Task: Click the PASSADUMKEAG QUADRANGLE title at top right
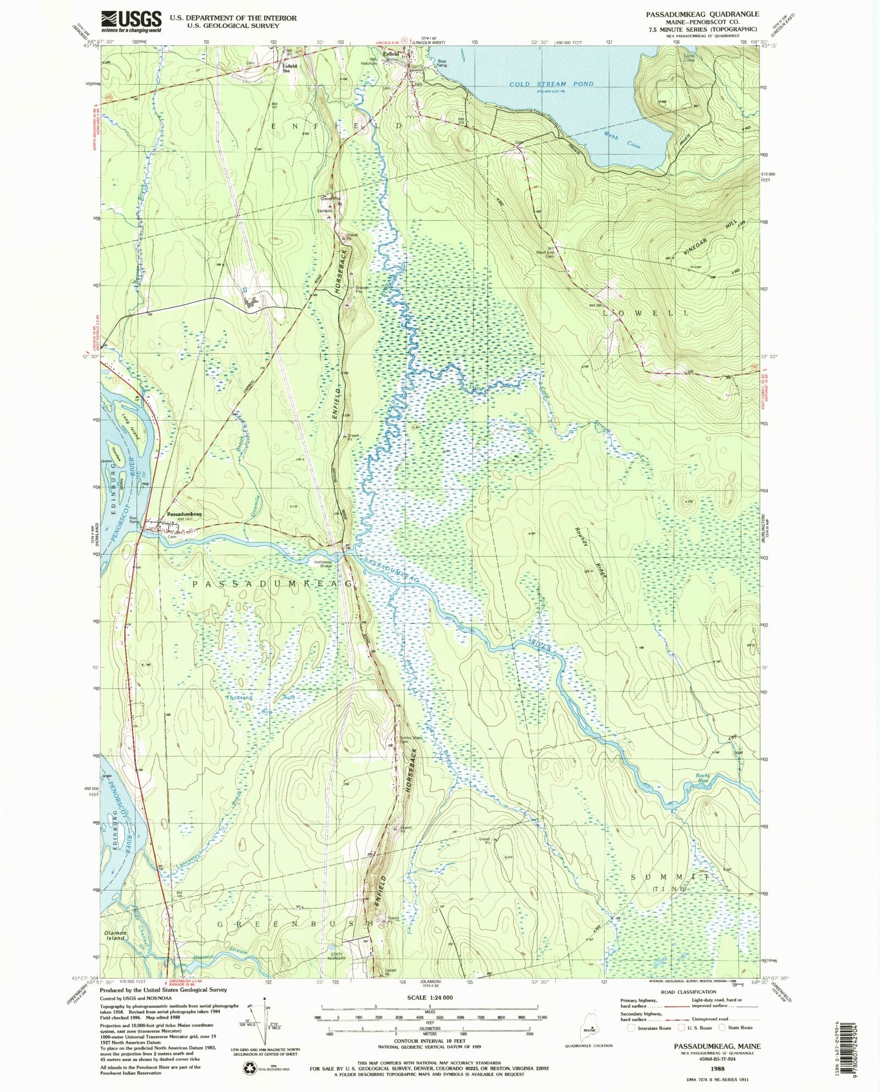pyautogui.click(x=702, y=14)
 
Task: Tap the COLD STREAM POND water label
pyautogui.click(x=551, y=84)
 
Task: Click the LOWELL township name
pyautogui.click(x=646, y=312)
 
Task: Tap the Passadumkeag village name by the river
pyautogui.click(x=184, y=514)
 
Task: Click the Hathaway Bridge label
pyautogui.click(x=323, y=564)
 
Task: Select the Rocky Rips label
pyautogui.click(x=703, y=778)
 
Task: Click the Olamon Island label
pyautogui.click(x=116, y=935)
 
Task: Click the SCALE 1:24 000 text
pyautogui.click(x=430, y=997)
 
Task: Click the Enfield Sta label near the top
pyautogui.click(x=289, y=68)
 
